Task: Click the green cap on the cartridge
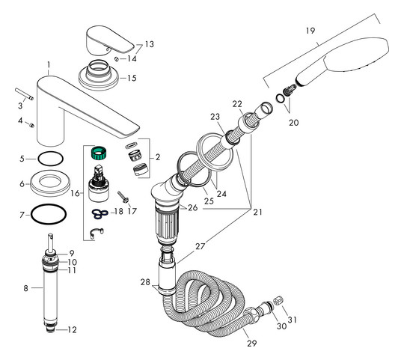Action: (96, 155)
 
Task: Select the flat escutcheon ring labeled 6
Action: (46, 182)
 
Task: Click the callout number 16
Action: (73, 194)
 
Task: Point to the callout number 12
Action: (73, 330)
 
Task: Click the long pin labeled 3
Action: (21, 95)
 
